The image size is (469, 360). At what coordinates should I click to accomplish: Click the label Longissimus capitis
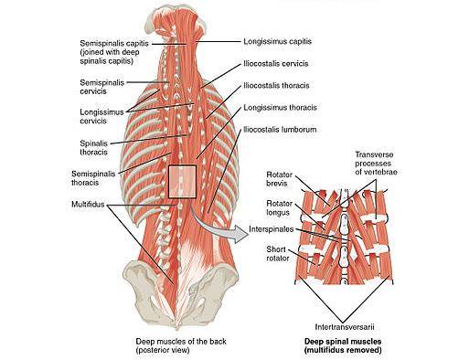[276, 41]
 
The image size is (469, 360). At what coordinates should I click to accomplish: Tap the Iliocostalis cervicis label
[275, 64]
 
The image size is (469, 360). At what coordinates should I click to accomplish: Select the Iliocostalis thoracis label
[275, 86]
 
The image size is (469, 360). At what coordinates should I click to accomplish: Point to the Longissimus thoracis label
[277, 108]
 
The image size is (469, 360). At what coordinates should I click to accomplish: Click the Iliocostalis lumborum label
[279, 130]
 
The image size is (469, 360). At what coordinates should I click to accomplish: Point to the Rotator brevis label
[278, 178]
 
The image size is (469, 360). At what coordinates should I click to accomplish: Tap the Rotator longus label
[278, 207]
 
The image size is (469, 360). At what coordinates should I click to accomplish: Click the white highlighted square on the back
[183, 180]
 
